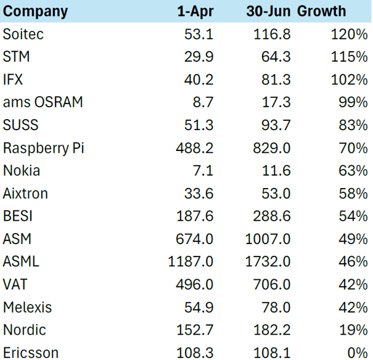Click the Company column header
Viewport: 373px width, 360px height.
point(35,12)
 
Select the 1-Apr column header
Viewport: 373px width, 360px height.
point(195,12)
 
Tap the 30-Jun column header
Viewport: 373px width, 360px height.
point(268,11)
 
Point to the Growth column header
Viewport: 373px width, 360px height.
point(321,11)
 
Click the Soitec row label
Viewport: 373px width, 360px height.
point(23,35)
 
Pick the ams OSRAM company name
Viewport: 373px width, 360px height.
point(43,102)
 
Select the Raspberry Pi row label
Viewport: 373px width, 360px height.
point(44,148)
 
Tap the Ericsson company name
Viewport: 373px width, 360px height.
point(31,353)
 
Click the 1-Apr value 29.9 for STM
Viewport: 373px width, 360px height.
point(199,57)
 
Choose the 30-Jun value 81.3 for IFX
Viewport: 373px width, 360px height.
point(276,80)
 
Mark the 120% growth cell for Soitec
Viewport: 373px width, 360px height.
point(349,35)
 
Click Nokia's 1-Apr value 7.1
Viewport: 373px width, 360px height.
point(203,171)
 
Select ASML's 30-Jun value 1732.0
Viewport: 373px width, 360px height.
point(268,262)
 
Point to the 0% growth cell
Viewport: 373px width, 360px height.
point(358,353)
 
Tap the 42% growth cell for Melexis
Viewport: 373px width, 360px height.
point(353,308)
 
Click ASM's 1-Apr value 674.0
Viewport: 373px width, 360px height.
point(195,239)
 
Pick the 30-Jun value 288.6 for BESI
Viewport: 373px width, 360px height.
point(272,216)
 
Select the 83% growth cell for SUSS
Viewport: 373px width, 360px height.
point(353,125)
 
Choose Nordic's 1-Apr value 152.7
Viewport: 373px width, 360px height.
point(195,330)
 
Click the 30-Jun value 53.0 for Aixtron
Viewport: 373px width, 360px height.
point(276,194)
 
